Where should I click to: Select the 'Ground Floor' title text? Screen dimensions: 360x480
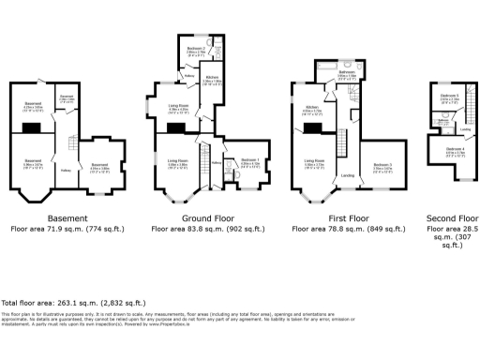(x=195, y=217)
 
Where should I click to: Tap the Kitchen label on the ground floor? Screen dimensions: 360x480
(x=212, y=78)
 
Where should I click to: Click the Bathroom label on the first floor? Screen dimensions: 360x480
(x=346, y=72)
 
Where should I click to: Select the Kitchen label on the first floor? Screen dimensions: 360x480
(x=311, y=109)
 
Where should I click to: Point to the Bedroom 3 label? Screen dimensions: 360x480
(x=382, y=166)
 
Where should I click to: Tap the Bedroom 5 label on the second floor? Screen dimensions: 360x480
(x=451, y=97)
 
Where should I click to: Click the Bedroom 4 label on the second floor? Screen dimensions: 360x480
(x=455, y=148)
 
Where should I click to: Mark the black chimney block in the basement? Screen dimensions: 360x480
(x=33, y=128)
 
